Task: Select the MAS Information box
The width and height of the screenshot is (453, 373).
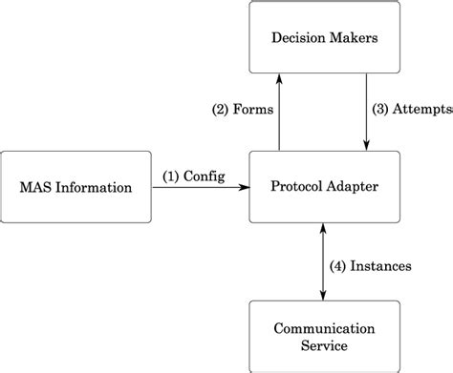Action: tap(76, 187)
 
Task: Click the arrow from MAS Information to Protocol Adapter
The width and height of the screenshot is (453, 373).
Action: tap(200, 188)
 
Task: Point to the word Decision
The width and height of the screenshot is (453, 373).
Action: tap(295, 38)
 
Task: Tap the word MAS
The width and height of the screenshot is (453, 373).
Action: tap(36, 188)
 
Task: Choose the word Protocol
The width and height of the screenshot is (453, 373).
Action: tap(295, 188)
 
